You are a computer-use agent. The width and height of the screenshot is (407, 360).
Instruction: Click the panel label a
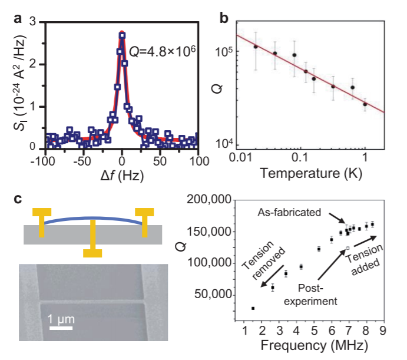click(18, 18)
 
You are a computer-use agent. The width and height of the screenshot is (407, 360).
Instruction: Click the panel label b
click(224, 18)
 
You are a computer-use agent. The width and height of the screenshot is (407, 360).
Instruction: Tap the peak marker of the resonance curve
click(122, 35)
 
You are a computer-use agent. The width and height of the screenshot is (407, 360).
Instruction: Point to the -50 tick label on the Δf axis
click(82, 161)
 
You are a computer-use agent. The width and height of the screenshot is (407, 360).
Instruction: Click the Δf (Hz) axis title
click(121, 176)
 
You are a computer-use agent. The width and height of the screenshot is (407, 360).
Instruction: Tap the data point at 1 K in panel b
click(365, 104)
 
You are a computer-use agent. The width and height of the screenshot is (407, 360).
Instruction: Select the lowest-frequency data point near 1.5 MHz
click(253, 308)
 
